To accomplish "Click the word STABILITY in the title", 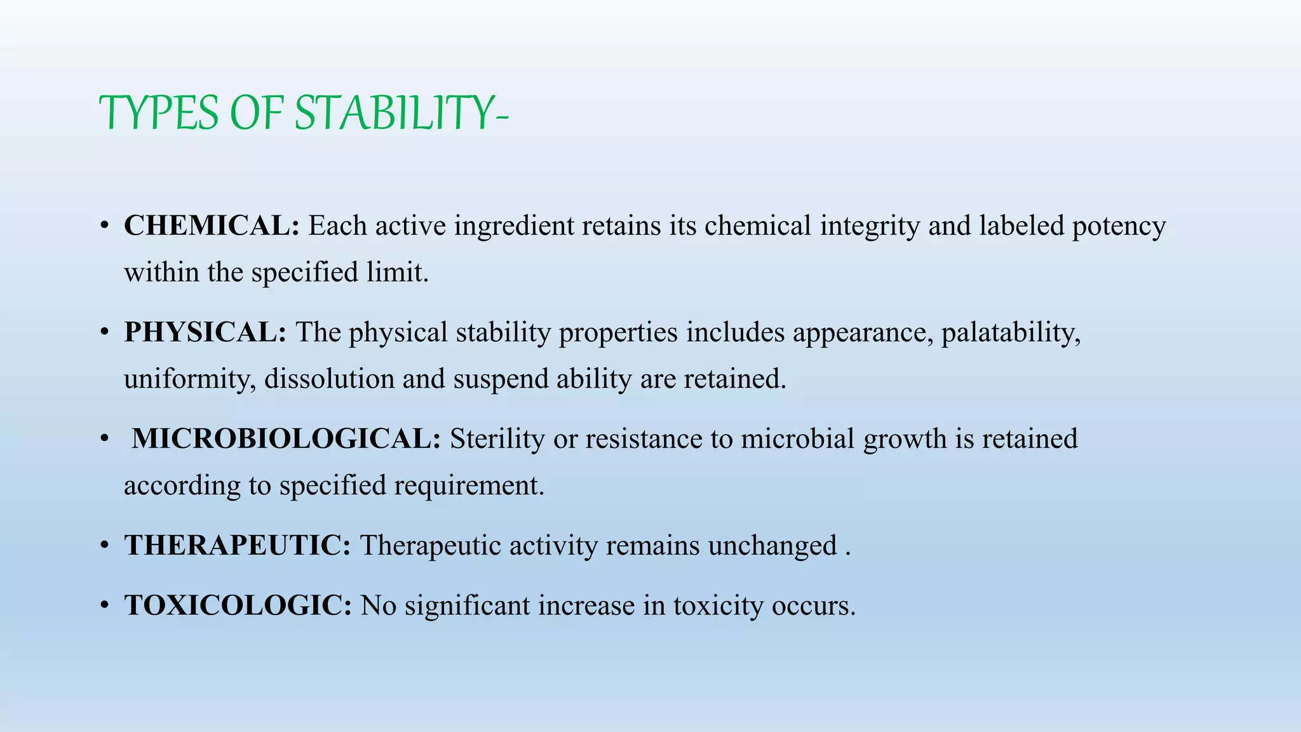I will (400, 113).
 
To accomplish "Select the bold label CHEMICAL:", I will (212, 226).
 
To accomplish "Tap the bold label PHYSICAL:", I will (205, 332).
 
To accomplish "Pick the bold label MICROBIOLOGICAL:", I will (286, 439).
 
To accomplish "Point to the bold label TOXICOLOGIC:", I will (238, 606).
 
